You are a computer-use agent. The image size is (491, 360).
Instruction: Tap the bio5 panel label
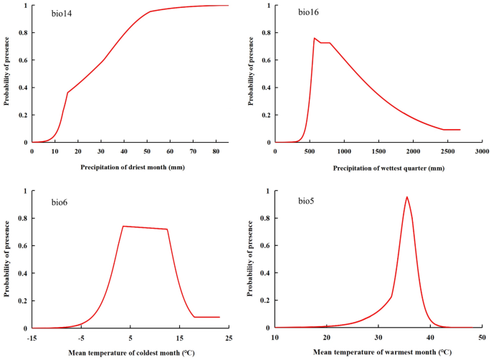(x=308, y=203)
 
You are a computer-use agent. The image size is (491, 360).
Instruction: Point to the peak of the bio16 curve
(x=315, y=38)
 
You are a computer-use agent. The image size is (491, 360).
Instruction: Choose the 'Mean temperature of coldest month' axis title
(x=130, y=352)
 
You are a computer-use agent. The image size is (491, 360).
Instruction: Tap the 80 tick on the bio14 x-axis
(x=216, y=151)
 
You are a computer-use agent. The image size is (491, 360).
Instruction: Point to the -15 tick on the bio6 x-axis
(x=32, y=337)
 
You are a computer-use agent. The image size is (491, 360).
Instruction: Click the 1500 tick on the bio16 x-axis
(x=378, y=151)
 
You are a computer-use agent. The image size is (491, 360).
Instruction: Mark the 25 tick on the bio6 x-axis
(x=229, y=337)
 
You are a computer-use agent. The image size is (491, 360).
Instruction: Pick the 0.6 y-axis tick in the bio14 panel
(x=23, y=60)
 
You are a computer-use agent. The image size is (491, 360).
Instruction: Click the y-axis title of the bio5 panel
(x=250, y=260)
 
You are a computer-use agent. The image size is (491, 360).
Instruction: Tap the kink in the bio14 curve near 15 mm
(x=67, y=92)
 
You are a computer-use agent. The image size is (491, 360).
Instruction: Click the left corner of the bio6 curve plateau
(x=123, y=226)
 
